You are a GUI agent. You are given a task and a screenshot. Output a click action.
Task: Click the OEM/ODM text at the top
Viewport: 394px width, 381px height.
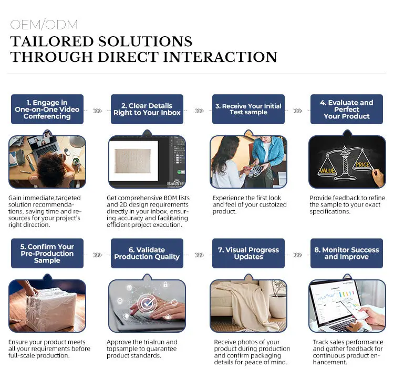pos(44,25)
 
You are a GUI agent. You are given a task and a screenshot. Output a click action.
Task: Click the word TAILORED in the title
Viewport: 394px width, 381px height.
pos(52,41)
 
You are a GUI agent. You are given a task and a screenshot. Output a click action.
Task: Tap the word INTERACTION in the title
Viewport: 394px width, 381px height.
pos(220,57)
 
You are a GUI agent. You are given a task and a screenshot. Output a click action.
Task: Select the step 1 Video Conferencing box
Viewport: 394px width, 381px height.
pos(47,110)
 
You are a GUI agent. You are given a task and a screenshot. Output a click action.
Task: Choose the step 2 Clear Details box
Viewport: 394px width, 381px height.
pos(147,110)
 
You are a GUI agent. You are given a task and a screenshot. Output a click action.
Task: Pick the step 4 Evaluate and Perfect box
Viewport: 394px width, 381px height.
pos(347,110)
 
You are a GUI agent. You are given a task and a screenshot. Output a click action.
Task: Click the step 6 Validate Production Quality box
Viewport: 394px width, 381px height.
pos(147,254)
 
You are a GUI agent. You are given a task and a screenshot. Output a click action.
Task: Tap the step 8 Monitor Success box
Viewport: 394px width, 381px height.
pos(347,254)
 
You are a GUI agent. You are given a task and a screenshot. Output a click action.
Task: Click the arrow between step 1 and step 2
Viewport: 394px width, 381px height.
pos(97,111)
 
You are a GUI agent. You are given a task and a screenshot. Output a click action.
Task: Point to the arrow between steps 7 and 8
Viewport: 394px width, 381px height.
pos(297,255)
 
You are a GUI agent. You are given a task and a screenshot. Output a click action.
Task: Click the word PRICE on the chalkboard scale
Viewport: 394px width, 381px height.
pos(362,165)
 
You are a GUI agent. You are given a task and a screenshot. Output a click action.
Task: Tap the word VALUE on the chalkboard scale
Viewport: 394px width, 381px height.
pos(327,171)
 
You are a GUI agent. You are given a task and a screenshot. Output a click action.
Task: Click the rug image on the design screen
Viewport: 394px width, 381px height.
pos(133,160)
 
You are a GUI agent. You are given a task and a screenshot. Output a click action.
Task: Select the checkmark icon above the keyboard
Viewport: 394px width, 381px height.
pos(147,303)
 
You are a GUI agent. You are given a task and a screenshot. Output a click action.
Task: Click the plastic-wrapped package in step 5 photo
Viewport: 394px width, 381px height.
pos(51,307)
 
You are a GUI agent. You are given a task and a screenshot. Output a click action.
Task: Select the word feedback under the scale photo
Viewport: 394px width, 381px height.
pos(347,198)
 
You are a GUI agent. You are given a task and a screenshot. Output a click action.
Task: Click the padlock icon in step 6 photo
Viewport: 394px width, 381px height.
pos(165,284)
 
